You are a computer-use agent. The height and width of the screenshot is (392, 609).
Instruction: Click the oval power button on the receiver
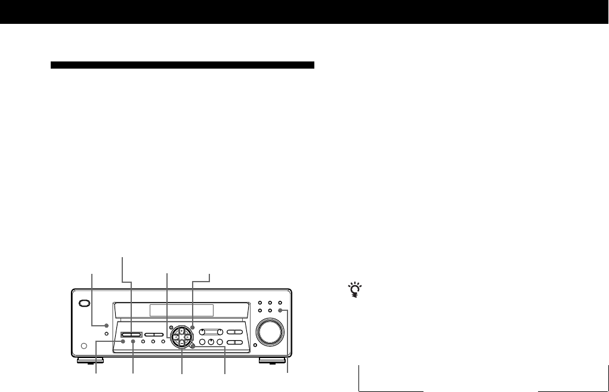point(85,303)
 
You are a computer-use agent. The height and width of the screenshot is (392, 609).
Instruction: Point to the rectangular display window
point(181,310)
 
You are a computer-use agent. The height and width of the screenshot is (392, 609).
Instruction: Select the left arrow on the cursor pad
point(175,337)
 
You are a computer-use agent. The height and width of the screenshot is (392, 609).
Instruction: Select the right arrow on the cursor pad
point(187,337)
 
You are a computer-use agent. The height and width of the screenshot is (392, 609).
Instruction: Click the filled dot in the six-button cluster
point(279,311)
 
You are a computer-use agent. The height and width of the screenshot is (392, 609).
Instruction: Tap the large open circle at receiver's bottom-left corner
point(84,345)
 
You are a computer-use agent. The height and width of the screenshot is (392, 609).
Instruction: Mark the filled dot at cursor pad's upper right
point(193,327)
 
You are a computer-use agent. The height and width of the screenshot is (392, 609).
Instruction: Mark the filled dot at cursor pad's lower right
point(192,346)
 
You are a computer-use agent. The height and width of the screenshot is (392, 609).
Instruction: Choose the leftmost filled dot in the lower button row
point(123,342)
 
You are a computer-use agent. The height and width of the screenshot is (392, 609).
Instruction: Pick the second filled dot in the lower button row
point(133,342)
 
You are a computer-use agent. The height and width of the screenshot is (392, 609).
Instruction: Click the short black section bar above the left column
point(183,65)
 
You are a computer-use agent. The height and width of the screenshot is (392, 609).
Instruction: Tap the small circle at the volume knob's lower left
point(255,345)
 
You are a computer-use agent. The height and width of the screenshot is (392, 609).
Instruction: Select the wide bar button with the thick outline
point(131,335)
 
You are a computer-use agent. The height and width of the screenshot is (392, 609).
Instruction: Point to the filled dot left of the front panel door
point(106,325)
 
